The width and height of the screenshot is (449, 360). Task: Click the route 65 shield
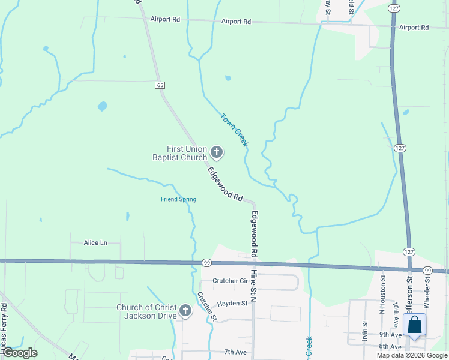pos(160,85)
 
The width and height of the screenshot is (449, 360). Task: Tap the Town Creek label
pos(234,130)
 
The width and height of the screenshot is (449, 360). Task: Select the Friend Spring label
pos(178,199)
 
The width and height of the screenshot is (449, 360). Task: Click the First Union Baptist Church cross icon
pos(216,153)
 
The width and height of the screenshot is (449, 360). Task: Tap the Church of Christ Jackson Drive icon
pos(185,311)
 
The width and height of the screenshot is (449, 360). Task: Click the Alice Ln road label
pos(95,242)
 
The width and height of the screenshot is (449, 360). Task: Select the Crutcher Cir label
pos(231,281)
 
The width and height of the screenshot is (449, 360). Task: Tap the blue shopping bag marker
pos(414,325)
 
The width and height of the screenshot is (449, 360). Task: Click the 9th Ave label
pos(390,335)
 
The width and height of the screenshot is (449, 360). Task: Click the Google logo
pos(19,353)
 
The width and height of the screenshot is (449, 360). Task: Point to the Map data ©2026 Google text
pos(412,355)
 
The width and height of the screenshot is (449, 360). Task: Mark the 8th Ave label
pos(390,347)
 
